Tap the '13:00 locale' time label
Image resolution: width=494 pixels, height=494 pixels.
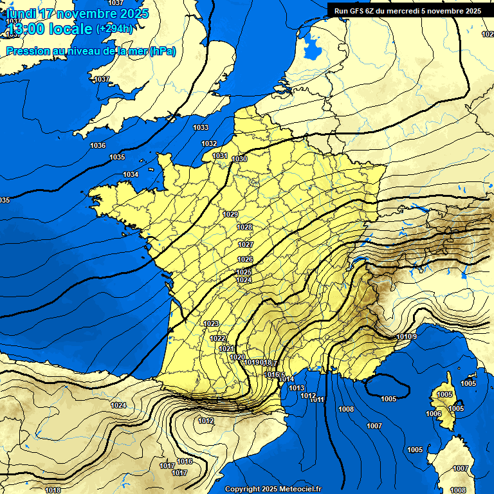click(50, 29)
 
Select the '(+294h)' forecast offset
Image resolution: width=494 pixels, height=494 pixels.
click(114, 29)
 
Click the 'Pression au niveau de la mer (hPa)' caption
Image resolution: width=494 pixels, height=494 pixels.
click(91, 51)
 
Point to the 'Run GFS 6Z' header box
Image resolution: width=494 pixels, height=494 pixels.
click(407, 10)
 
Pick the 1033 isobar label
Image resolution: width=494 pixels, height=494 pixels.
click(201, 128)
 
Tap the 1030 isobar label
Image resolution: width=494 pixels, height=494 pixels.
click(240, 159)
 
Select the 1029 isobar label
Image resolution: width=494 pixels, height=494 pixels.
click(230, 214)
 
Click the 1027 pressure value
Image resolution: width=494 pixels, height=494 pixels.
click(245, 244)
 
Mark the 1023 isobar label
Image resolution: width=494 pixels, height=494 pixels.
click(211, 324)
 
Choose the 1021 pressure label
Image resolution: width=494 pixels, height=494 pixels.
click(226, 349)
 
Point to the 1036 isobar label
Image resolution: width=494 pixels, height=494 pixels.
click(98, 145)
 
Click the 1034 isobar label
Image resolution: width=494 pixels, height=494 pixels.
click(131, 175)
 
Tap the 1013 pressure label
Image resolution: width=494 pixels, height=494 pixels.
click(297, 388)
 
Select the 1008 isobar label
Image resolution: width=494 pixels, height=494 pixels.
click(346, 409)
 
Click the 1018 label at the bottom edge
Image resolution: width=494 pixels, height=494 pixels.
click(53, 490)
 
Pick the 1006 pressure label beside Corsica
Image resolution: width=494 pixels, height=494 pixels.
click(434, 414)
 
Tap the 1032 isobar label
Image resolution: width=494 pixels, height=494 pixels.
click(209, 143)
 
